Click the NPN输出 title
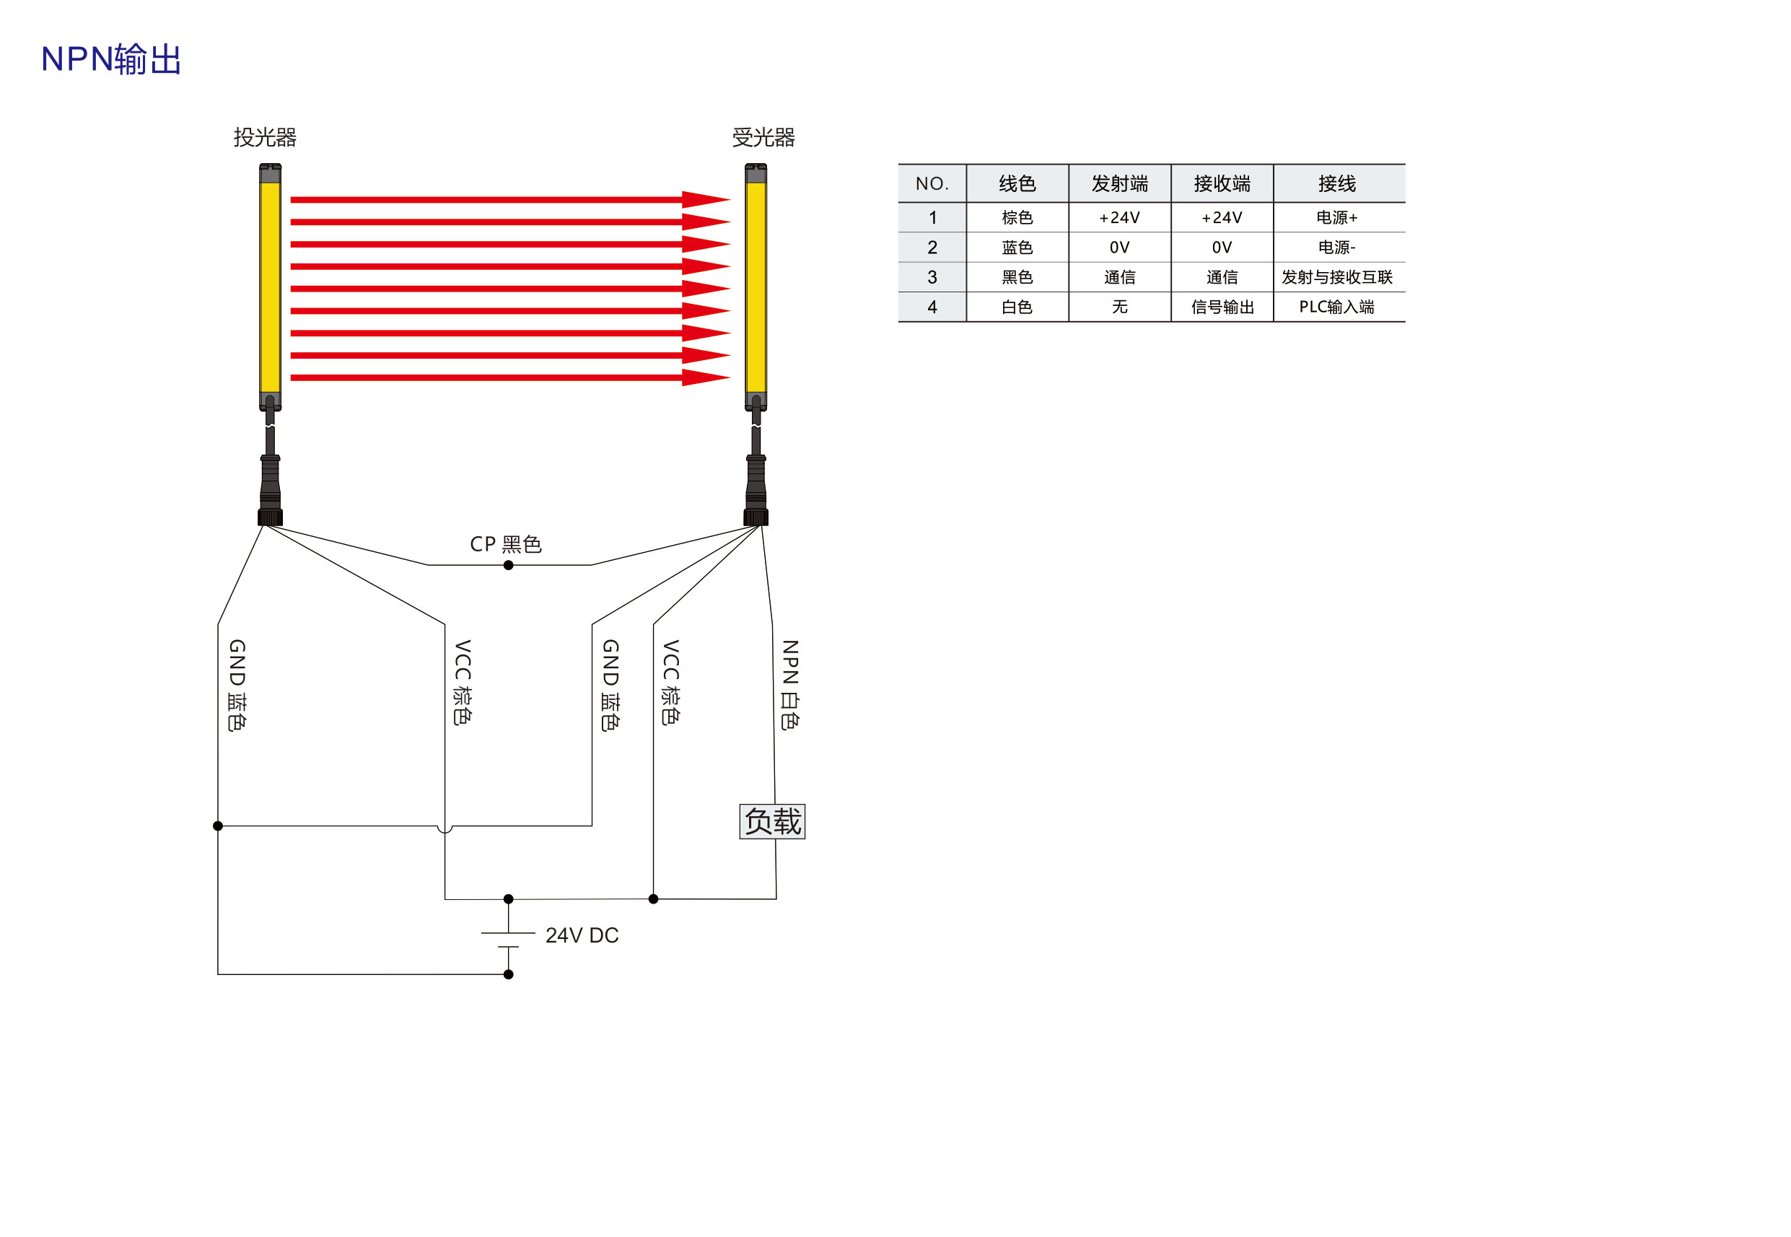coord(111,59)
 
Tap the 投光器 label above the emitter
coord(265,137)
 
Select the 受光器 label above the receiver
coord(763,137)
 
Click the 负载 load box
coord(772,821)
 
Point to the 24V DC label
coord(582,935)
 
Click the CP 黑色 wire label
coord(505,543)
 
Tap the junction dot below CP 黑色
coord(509,565)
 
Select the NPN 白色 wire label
coord(789,684)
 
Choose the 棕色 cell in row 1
coord(1017,217)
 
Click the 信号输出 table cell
coord(1222,307)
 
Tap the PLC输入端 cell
coord(1337,307)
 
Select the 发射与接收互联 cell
coord(1337,276)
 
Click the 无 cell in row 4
coord(1119,307)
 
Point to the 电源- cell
coord(1337,248)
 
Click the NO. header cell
coord(932,184)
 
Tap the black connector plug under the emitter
coord(270,491)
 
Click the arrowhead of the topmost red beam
coord(705,199)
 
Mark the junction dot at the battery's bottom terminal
coord(509,974)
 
